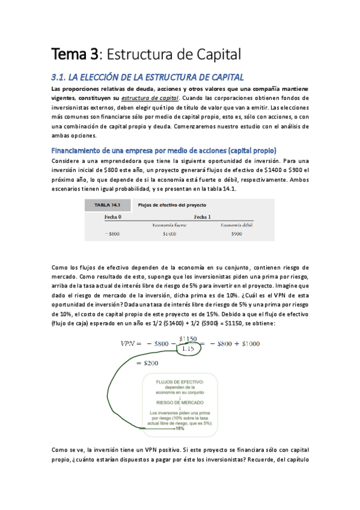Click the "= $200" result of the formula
148,363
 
